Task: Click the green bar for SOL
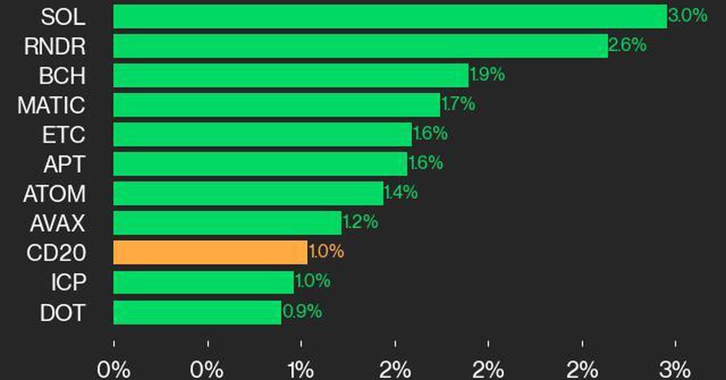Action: click(390, 16)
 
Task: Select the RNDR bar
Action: click(360, 46)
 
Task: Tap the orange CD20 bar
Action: click(210, 252)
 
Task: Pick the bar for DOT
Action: click(197, 312)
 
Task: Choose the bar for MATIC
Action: click(276, 105)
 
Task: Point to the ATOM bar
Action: click(248, 194)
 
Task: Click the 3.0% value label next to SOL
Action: click(688, 16)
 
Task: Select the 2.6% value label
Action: click(627, 45)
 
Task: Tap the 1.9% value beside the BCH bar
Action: click(487, 75)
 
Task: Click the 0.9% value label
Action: click(302, 312)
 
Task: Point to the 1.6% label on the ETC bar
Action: click(430, 134)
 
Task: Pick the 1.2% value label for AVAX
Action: click(361, 223)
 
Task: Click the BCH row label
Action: click(62, 76)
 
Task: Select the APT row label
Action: click(64, 164)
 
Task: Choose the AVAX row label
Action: click(57, 224)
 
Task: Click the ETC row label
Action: click(64, 135)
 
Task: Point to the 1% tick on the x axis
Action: click(301, 368)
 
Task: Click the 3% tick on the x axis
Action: click(676, 368)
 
